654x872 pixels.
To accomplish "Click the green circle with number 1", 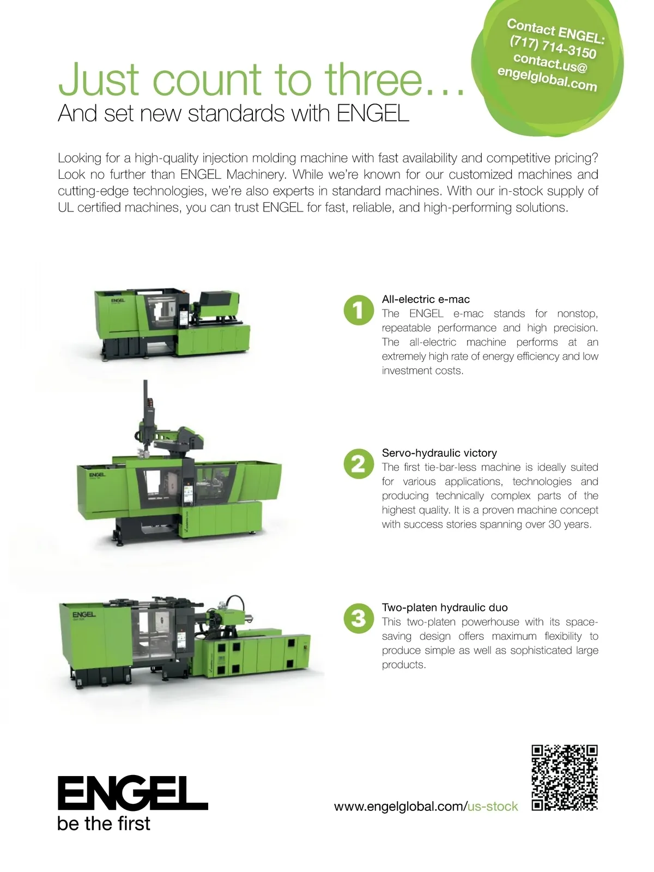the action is [x=359, y=310].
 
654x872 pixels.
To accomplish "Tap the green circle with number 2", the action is [x=359, y=464].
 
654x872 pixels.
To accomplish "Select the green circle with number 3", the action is [x=359, y=618].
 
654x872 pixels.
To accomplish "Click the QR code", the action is [x=564, y=778].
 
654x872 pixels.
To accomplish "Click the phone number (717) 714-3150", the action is [x=553, y=47].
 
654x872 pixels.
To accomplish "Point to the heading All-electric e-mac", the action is [x=426, y=299].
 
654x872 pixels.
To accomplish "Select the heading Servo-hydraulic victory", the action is [x=439, y=453].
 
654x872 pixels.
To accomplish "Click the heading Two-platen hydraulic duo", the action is [x=445, y=608].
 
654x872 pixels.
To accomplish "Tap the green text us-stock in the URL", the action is [x=493, y=807].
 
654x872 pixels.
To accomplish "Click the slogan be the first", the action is [x=104, y=823].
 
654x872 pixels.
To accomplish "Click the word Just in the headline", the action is [x=101, y=78].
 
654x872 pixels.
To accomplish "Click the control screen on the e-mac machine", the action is [x=184, y=318].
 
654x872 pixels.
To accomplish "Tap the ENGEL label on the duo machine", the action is [x=84, y=614].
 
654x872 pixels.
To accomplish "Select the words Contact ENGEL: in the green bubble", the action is [x=556, y=31].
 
